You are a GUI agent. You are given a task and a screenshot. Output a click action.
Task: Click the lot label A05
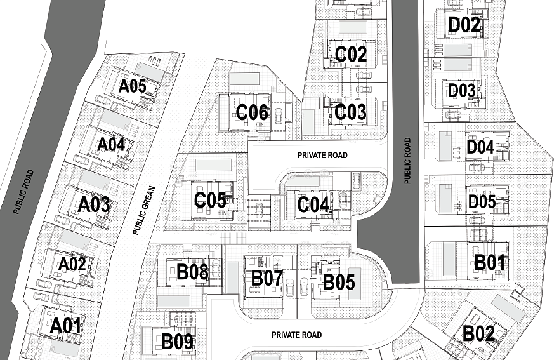coord(133,85)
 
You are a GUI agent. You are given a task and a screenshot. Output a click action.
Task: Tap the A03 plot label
coord(94,205)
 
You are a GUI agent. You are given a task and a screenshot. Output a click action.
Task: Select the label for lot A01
coord(66,326)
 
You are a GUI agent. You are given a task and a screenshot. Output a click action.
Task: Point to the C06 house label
coord(252,113)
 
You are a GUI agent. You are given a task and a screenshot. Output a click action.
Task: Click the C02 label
coord(351,55)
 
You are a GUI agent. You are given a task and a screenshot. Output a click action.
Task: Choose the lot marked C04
coord(313,205)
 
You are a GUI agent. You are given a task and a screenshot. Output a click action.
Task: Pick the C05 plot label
coord(210,201)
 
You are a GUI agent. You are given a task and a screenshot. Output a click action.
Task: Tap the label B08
coord(192,272)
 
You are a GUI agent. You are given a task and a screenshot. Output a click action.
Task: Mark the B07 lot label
coord(266,277)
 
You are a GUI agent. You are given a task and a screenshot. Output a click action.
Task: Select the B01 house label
coord(490,261)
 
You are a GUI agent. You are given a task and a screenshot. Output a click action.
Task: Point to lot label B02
coord(478,334)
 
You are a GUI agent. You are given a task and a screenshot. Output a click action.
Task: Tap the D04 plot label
coord(480,147)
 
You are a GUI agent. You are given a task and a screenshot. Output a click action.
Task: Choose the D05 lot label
coord(482,202)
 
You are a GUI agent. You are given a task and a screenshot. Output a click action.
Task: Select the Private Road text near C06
coord(322,155)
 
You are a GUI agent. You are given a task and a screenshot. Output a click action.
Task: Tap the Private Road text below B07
coord(296,335)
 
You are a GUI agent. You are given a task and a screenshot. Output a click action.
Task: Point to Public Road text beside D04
coord(407,161)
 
